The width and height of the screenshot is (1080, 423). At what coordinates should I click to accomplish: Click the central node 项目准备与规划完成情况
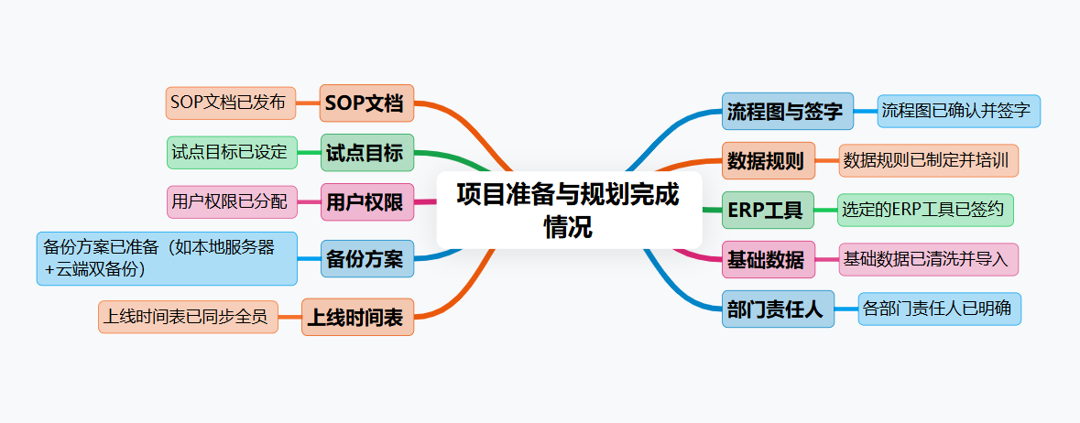pos(568,210)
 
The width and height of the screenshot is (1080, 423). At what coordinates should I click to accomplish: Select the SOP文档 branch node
pos(365,103)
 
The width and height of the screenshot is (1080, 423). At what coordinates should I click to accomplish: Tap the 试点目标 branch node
pos(365,153)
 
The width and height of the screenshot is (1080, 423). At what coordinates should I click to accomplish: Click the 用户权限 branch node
pos(365,202)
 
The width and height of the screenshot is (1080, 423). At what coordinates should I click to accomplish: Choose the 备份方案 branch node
pos(365,258)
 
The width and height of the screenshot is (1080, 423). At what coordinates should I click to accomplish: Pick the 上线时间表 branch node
pos(358,318)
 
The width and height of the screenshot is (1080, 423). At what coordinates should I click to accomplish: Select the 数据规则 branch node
pos(766,161)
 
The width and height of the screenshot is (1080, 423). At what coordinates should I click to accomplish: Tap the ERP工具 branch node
pos(766,211)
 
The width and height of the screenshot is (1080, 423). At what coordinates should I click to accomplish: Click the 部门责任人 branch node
pos(777,309)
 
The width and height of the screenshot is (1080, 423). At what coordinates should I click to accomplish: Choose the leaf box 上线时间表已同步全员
pos(187,317)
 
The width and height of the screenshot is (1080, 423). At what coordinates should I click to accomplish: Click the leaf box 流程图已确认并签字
pos(957,112)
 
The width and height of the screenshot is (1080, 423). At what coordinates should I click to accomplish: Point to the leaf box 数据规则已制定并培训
pos(928,160)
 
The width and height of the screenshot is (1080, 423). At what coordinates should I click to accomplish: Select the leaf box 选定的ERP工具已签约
pos(924,210)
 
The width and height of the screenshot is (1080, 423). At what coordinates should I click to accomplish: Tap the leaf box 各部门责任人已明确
pos(938,309)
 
